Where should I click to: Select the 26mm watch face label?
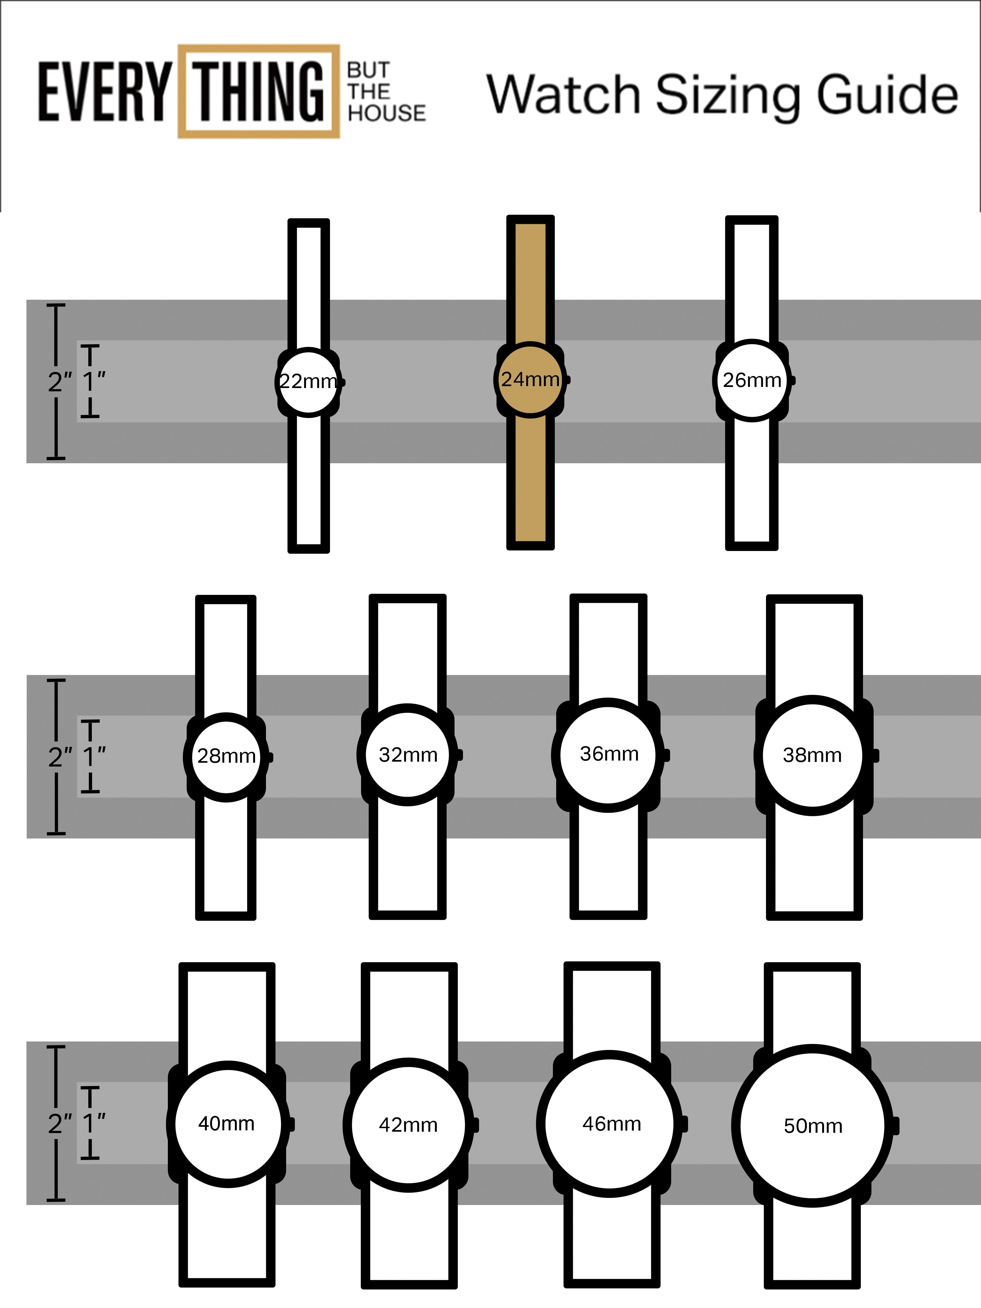coord(752,380)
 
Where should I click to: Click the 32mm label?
coord(408,755)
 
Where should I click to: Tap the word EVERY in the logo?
coord(104,92)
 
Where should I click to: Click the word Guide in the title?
coord(887,95)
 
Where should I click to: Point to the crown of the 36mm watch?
coord(667,755)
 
